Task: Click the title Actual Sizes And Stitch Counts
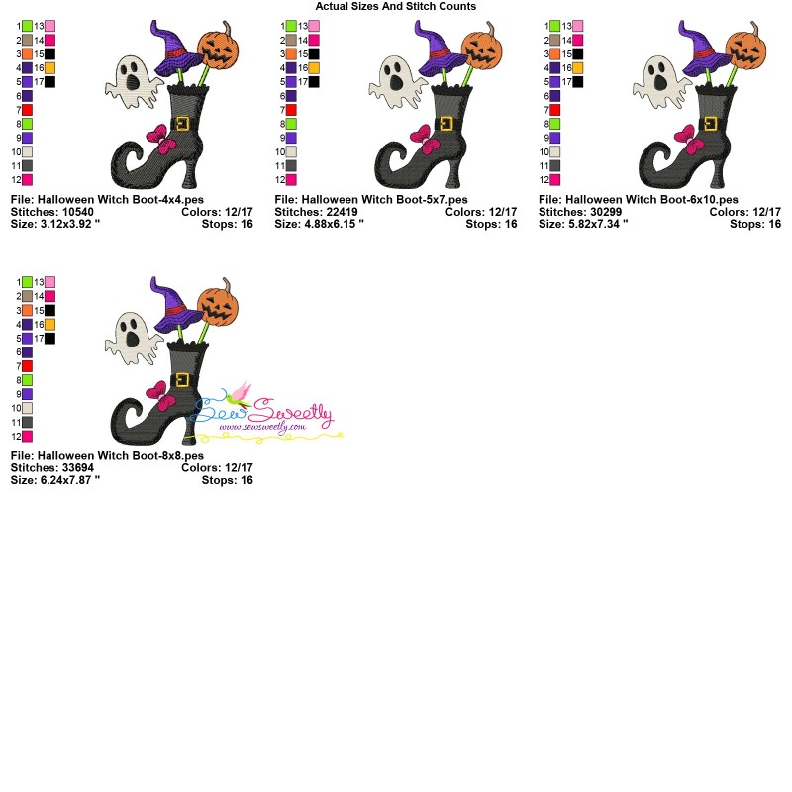[395, 6]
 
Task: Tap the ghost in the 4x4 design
[133, 82]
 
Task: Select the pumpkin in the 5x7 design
[481, 50]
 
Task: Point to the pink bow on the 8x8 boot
[161, 395]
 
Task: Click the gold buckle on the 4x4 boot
[182, 123]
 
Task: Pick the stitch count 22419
[342, 212]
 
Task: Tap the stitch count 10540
[78, 212]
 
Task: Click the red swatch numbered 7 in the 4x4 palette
[28, 110]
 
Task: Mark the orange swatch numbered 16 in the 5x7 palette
[314, 67]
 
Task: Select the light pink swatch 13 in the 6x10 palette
[578, 26]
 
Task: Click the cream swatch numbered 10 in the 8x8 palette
[28, 408]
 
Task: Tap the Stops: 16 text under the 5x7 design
[491, 224]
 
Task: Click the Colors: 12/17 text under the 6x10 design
[745, 212]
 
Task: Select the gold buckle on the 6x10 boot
[710, 123]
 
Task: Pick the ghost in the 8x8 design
[133, 338]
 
